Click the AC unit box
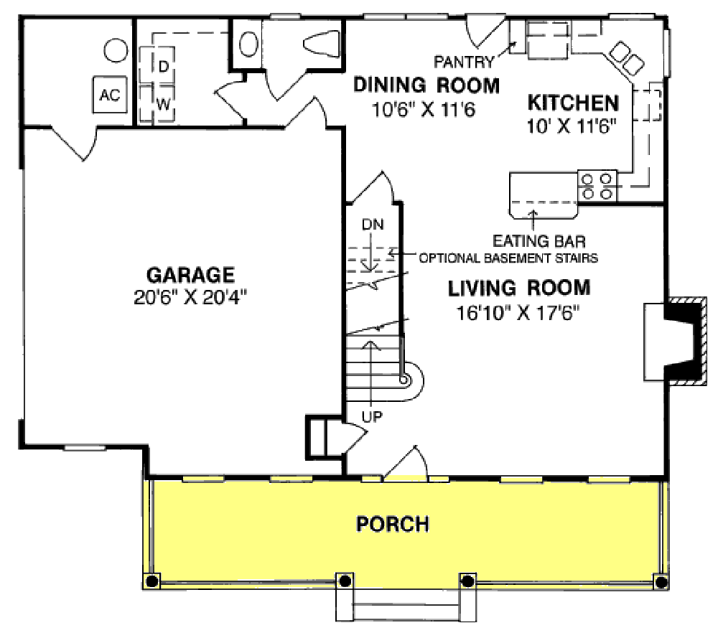109,95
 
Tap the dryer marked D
164,66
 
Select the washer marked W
164,104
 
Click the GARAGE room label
190,275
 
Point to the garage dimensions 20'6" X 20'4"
190,296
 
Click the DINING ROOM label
426,86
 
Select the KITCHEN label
572,102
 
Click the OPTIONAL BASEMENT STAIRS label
508,257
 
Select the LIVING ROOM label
518,289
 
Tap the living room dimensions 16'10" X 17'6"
518,312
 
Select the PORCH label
393,524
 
